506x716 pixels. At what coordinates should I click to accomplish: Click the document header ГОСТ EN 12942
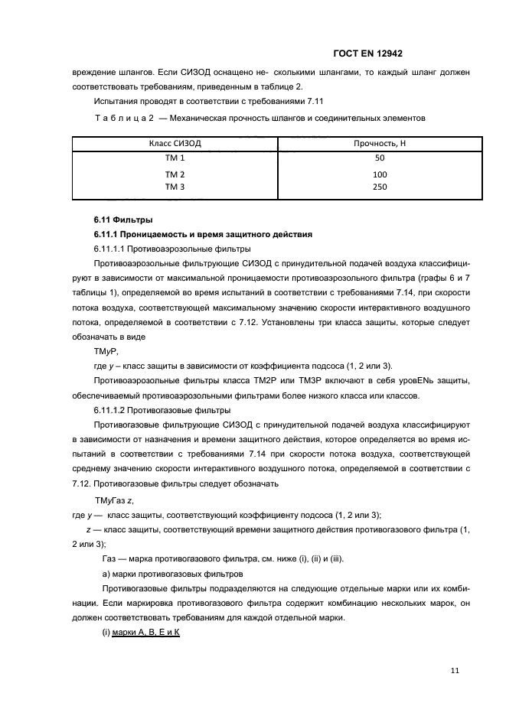pos(368,54)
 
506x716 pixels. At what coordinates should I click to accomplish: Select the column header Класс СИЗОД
pos(175,144)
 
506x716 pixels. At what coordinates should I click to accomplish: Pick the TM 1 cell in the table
pos(175,158)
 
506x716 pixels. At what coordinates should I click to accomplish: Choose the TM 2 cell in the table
pos(175,174)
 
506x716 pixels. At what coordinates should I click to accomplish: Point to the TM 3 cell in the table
pos(175,186)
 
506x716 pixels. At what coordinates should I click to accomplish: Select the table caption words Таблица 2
pos(125,117)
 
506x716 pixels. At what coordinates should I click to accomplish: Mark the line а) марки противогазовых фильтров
pos(173,574)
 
